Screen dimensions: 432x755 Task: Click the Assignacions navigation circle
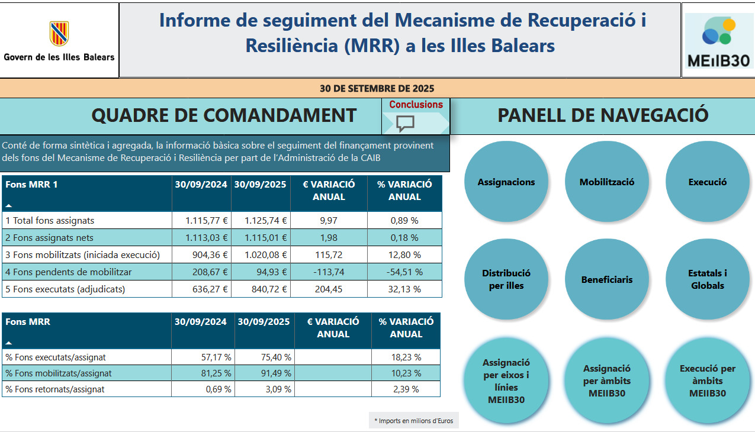click(506, 182)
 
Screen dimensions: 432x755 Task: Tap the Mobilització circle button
click(606, 182)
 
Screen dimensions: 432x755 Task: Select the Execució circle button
click(707, 182)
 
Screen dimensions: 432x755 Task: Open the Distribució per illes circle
click(506, 279)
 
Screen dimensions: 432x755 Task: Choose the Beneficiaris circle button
click(606, 279)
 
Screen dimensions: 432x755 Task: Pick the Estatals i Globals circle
click(707, 279)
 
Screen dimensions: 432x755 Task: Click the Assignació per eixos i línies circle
click(506, 381)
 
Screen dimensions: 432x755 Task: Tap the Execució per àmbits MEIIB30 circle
click(707, 381)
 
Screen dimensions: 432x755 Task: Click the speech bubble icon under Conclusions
click(405, 123)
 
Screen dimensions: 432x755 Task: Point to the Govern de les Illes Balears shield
click(59, 34)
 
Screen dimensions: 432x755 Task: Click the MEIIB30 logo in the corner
click(718, 40)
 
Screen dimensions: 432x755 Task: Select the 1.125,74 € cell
click(261, 221)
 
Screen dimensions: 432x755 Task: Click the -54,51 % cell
click(404, 272)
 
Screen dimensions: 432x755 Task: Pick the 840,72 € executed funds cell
click(261, 289)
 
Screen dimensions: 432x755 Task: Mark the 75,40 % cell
click(264, 357)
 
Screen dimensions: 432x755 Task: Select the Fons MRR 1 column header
click(32, 185)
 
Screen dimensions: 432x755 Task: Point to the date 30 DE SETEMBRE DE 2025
click(377, 89)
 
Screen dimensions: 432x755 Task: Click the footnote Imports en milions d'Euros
click(413, 421)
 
